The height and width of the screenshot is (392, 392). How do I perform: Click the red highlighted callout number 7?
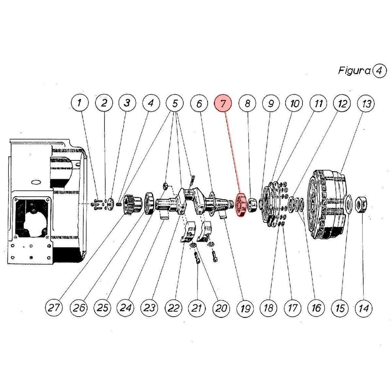pos(223,103)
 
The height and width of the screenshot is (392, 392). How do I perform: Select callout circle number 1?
pos(80,103)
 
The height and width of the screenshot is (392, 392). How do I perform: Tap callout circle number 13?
pos(366,103)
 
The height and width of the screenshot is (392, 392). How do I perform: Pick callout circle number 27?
pos(54,307)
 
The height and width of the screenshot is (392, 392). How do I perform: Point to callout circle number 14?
pos(364,308)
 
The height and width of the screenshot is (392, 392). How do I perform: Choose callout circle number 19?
pos(245,308)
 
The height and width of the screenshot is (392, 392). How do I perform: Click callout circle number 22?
pos(173,308)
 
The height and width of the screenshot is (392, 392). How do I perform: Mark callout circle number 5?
pos(175,103)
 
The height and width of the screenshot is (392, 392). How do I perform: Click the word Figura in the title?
pos(354,71)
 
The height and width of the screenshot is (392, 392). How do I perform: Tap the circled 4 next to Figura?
pos(379,71)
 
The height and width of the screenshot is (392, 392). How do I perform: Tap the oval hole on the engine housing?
pos(36,182)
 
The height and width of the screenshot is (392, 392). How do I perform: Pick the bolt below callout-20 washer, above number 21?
pos(197,258)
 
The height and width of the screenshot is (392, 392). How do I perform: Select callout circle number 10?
pos(294,103)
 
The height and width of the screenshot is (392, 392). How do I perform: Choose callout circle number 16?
pos(316,308)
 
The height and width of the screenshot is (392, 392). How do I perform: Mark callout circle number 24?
pos(125,307)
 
